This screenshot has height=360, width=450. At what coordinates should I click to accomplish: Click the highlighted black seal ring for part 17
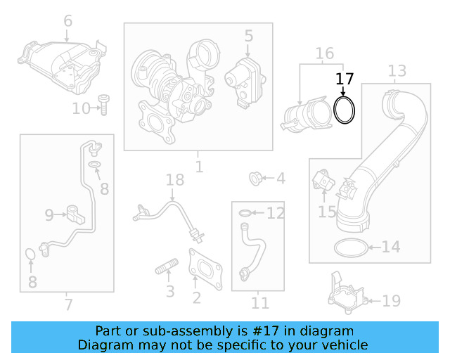(x=344, y=111)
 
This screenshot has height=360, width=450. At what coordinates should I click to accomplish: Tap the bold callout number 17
(x=344, y=79)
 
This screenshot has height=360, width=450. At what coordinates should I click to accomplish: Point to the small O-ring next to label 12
(x=243, y=212)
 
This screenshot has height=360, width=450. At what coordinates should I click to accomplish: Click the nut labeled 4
(x=257, y=179)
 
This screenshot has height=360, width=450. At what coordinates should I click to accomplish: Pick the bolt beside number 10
(x=103, y=105)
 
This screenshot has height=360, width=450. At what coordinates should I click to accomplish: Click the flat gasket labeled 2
(x=205, y=267)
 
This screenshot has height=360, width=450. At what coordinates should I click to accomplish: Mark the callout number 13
(x=397, y=71)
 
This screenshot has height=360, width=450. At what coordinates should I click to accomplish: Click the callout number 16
(x=324, y=54)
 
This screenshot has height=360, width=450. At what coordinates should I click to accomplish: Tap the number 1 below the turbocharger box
(x=199, y=167)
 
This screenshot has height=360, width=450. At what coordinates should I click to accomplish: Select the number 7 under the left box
(x=67, y=304)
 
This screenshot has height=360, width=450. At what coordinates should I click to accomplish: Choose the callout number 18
(x=174, y=181)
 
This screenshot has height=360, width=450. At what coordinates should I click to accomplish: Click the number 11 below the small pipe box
(x=260, y=304)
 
